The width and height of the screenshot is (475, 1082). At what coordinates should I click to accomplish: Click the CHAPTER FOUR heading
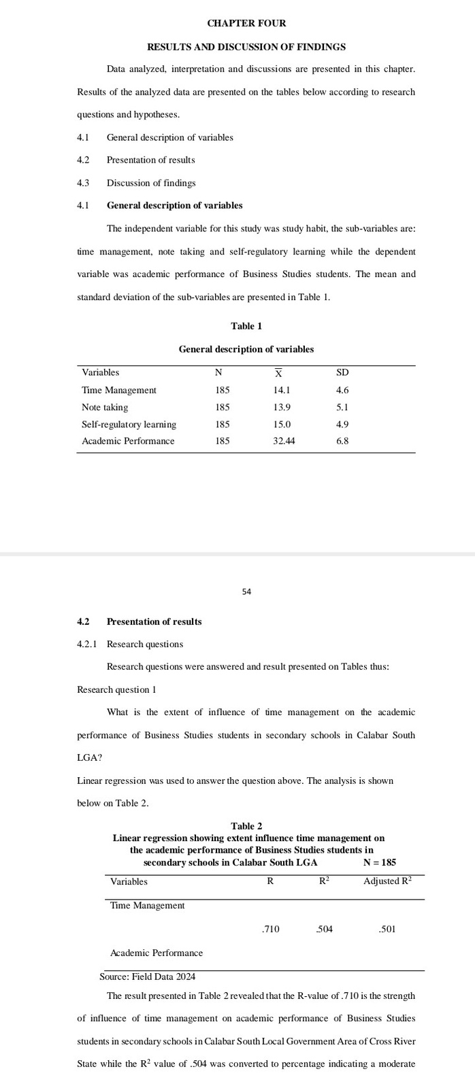pyautogui.click(x=246, y=23)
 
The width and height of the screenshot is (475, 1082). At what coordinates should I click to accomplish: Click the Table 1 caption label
pyautogui.click(x=246, y=326)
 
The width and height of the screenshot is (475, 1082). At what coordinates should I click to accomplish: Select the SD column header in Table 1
pyautogui.click(x=342, y=372)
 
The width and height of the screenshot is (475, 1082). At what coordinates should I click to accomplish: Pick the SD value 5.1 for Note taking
pyautogui.click(x=342, y=408)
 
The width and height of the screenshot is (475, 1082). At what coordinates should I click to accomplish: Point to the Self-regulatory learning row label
pyautogui.click(x=129, y=425)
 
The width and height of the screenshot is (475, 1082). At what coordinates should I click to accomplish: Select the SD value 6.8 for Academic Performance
pyautogui.click(x=342, y=441)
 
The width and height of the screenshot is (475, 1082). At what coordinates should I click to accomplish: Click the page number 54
pyautogui.click(x=246, y=592)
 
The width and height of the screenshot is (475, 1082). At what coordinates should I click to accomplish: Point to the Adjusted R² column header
pyautogui.click(x=388, y=881)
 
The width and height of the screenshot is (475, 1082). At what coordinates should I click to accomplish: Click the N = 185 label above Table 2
pyautogui.click(x=380, y=862)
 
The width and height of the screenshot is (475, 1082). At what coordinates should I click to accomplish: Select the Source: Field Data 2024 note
pyautogui.click(x=147, y=977)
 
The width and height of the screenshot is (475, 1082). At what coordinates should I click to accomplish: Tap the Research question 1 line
pyautogui.click(x=117, y=689)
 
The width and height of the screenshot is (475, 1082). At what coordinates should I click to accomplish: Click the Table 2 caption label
pyautogui.click(x=246, y=826)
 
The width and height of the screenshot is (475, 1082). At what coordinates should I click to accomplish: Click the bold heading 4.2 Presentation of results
pyautogui.click(x=140, y=621)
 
